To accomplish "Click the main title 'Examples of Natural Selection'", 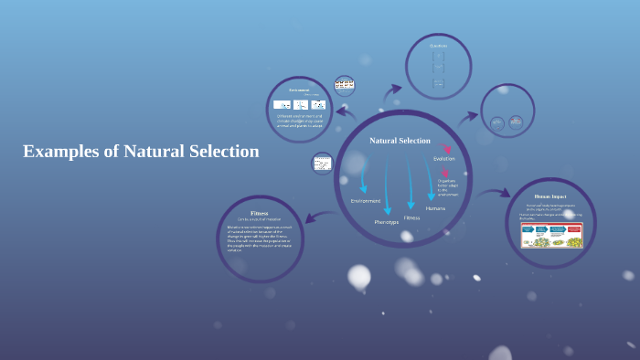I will pyautogui.click(x=141, y=152).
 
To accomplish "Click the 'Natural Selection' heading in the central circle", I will pyautogui.click(x=400, y=141).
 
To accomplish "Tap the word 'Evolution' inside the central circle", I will pyautogui.click(x=443, y=159).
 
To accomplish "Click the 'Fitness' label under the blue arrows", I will pyautogui.click(x=411, y=217).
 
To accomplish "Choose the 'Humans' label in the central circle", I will pyautogui.click(x=435, y=208).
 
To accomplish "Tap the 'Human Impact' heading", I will pyautogui.click(x=550, y=196).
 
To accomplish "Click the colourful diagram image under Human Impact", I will pyautogui.click(x=551, y=236).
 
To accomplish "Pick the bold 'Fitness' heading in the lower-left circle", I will pyautogui.click(x=259, y=213).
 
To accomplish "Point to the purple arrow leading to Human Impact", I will pyautogui.click(x=495, y=193).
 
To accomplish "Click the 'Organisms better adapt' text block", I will pyautogui.click(x=447, y=186).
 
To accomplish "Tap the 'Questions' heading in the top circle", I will pyautogui.click(x=439, y=46).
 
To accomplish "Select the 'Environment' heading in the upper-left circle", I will pyautogui.click(x=300, y=90).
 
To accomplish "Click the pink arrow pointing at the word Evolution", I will pyautogui.click(x=447, y=148).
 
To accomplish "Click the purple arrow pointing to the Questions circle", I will pyautogui.click(x=393, y=91).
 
